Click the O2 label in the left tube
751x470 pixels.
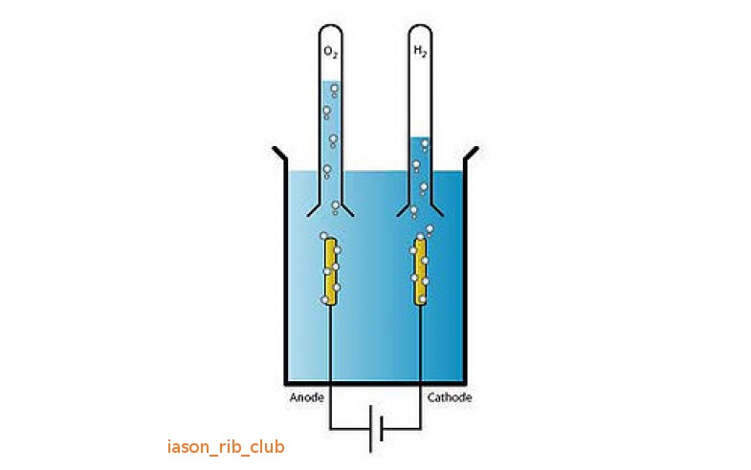[331, 53]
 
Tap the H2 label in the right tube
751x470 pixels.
[420, 52]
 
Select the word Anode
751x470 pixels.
[307, 397]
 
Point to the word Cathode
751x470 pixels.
[450, 397]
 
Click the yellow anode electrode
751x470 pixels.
[330, 271]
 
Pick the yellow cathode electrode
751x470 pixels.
[421, 271]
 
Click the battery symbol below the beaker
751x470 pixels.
[376, 428]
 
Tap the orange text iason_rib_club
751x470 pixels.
[226, 446]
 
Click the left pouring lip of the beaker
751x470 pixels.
[279, 154]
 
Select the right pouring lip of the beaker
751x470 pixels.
[471, 154]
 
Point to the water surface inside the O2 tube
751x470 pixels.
[330, 81]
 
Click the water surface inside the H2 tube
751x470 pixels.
[420, 138]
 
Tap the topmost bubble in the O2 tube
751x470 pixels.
[334, 89]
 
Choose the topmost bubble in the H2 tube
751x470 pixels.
[425, 143]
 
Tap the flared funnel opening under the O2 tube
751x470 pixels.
[330, 208]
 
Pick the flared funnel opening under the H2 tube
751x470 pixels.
[420, 208]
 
